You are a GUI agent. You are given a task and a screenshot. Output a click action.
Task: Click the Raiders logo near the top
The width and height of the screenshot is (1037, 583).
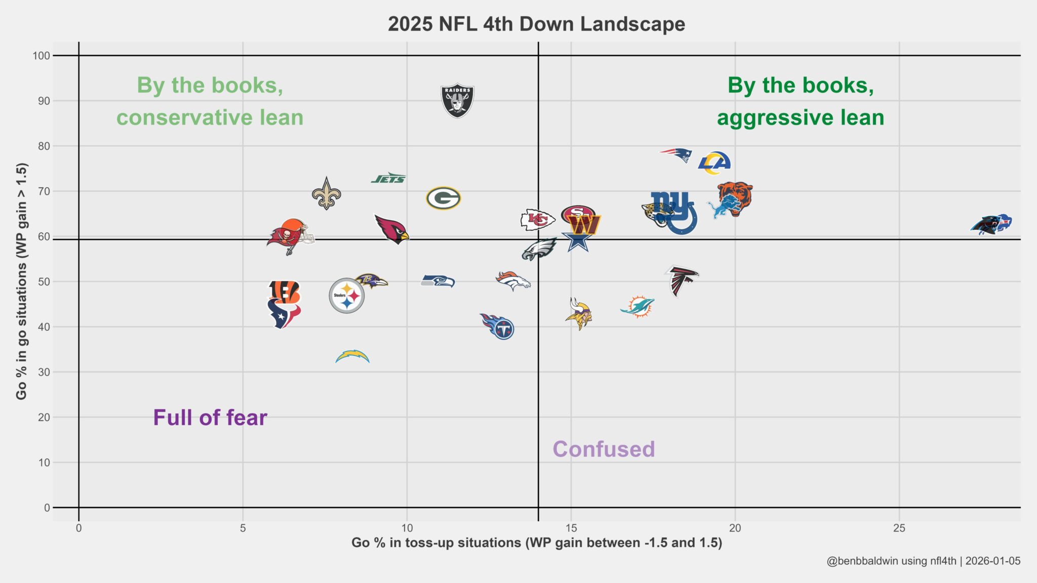(457, 100)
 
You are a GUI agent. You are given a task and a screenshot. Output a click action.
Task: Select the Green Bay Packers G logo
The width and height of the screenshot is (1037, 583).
(443, 198)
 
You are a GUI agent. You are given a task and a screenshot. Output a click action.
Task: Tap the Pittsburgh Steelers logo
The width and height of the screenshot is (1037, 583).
(346, 296)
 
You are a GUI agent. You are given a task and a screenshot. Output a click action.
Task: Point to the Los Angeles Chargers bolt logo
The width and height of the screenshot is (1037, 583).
(352, 357)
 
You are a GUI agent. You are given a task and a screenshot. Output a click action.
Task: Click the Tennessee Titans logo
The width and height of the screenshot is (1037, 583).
(498, 326)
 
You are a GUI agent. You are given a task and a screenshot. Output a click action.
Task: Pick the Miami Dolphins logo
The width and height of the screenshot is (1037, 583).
(637, 307)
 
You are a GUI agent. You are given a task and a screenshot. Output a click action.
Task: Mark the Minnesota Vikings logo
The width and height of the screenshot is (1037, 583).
(578, 314)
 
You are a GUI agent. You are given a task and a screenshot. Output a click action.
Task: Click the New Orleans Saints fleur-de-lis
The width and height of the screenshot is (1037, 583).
(326, 193)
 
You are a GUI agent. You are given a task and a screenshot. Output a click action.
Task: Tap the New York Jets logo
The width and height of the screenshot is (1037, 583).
(388, 178)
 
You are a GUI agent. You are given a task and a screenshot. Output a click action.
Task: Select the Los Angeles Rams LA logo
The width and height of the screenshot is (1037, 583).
(714, 162)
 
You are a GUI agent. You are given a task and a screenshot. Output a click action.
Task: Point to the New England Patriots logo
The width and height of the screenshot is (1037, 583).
(676, 154)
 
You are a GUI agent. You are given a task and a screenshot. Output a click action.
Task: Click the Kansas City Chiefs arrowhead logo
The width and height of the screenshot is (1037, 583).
(537, 220)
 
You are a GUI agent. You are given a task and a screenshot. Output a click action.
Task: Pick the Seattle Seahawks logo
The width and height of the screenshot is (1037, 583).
(438, 281)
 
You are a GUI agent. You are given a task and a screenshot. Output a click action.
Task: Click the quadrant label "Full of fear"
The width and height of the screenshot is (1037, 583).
(210, 418)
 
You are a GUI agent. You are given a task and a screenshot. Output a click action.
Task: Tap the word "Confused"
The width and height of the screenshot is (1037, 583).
(604, 449)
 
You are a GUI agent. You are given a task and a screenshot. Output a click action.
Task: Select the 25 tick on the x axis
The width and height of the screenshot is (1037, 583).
(899, 528)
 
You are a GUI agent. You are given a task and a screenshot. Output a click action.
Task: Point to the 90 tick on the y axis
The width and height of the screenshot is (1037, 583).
(44, 101)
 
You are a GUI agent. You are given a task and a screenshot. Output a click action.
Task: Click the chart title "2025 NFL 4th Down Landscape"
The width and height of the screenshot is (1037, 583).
(536, 24)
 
